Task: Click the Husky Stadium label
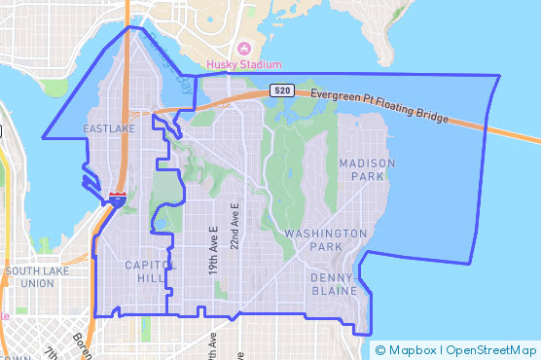click(x=243, y=65)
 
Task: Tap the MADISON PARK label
click(x=368, y=169)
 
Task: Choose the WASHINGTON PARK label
click(x=326, y=241)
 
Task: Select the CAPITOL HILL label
click(x=150, y=271)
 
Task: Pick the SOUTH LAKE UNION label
click(x=37, y=277)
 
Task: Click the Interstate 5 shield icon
click(x=117, y=198)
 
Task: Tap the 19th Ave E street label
click(x=213, y=251)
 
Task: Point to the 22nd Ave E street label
click(x=234, y=227)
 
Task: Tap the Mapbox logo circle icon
click(x=380, y=350)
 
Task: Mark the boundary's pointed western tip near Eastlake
click(x=43, y=137)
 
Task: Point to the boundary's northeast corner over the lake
click(x=499, y=76)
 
